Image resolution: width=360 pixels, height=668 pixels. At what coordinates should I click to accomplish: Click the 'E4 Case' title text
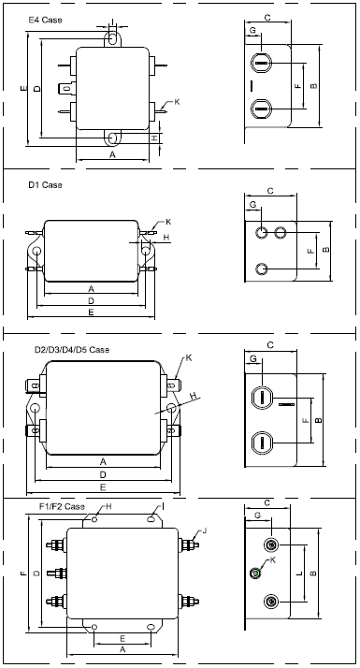[x=45, y=20]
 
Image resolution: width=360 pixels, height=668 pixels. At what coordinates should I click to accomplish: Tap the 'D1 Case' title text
[x=45, y=185]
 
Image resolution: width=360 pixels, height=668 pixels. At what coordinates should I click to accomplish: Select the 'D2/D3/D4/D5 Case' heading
[x=72, y=350]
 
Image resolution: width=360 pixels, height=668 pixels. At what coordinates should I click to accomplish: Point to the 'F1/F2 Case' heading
[x=63, y=506]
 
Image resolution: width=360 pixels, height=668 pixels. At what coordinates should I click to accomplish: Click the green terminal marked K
[x=255, y=573]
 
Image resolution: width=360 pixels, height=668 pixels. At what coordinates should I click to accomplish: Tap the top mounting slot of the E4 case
[x=112, y=37]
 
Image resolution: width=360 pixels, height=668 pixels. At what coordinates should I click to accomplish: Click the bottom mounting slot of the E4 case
[x=113, y=138]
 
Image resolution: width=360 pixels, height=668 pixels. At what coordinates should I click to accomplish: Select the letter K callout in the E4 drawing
[x=177, y=102]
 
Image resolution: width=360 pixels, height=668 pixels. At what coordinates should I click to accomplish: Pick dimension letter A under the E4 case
[x=112, y=154]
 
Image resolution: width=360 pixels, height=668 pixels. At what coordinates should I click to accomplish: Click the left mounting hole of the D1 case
[x=37, y=251]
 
